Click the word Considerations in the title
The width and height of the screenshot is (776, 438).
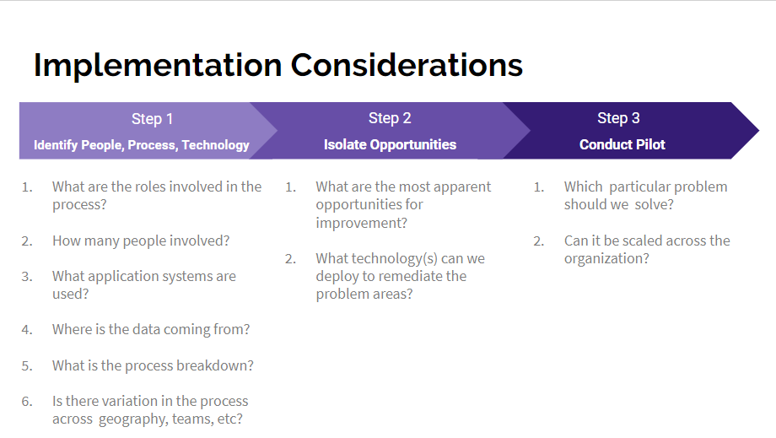[407, 65]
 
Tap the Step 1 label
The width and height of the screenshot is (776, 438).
[152, 119]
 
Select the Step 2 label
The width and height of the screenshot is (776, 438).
[390, 118]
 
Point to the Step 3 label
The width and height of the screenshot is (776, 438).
[619, 118]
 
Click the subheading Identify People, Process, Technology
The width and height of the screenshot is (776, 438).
[142, 145]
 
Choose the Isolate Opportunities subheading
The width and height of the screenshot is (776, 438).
[390, 144]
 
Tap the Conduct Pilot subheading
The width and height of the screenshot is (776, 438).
[622, 144]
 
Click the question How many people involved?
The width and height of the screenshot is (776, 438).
[141, 241]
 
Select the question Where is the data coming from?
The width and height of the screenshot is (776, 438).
[151, 329]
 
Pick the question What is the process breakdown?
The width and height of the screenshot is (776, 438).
[153, 365]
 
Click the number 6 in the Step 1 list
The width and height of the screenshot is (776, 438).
[26, 402]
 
